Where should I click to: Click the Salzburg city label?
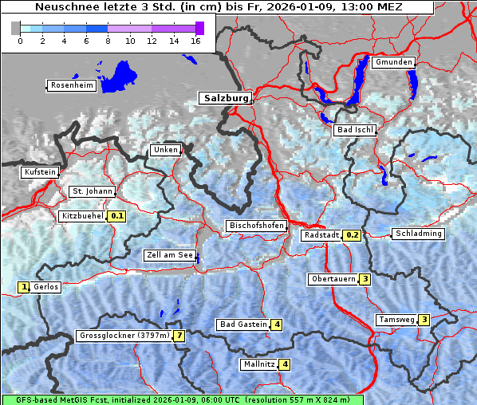225,98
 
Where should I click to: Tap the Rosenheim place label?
71,85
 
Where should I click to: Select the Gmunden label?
393,62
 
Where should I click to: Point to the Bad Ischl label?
354,130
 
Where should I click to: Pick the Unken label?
166,150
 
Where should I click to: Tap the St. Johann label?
93,191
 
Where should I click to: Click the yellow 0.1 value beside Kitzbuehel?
117,216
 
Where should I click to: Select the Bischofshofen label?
256,226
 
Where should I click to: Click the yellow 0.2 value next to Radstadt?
352,235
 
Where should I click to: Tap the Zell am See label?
169,256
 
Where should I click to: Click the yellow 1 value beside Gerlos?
24,287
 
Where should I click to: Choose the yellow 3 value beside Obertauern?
365,279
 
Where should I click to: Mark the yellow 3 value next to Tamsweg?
424,320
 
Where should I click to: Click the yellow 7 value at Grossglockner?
180,336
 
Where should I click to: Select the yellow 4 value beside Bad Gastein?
277,324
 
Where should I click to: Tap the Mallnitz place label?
258,364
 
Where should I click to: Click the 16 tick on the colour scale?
195,41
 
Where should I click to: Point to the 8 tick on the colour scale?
108,41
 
